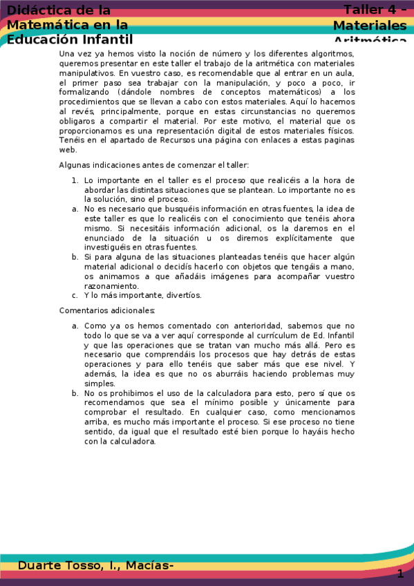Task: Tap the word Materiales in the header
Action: tap(370, 26)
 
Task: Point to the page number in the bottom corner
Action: tap(400, 574)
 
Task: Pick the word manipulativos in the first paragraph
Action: tap(86, 73)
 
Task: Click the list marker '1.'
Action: tap(75, 180)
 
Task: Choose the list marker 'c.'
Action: tap(75, 295)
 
